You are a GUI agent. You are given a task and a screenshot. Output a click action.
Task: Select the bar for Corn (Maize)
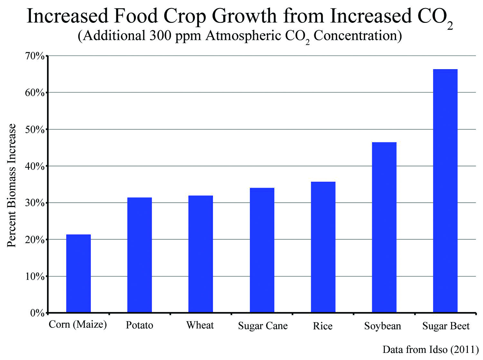coord(78,274)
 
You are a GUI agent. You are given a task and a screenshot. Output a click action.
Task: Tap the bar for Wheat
coord(201,254)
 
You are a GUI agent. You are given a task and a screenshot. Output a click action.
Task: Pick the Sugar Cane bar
coord(262,250)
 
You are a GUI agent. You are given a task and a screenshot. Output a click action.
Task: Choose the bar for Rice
coord(323,247)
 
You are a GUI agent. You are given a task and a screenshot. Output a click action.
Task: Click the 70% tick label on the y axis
coord(34,56)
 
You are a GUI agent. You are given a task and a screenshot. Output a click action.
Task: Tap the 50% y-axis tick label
coord(34,130)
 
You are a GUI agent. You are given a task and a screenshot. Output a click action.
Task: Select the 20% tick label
coord(34,240)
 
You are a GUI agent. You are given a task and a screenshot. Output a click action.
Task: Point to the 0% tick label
coord(37,313)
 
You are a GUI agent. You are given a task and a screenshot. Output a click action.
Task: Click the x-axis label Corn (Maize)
coord(78,325)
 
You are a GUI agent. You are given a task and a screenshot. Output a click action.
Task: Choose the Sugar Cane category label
coord(263,326)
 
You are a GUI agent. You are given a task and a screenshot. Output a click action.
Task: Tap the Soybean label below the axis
coord(383,326)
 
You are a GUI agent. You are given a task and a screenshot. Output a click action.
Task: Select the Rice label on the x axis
coord(323,326)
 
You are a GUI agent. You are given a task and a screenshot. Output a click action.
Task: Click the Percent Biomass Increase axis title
coord(12,185)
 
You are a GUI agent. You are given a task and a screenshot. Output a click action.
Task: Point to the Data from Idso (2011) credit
coord(431,350)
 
